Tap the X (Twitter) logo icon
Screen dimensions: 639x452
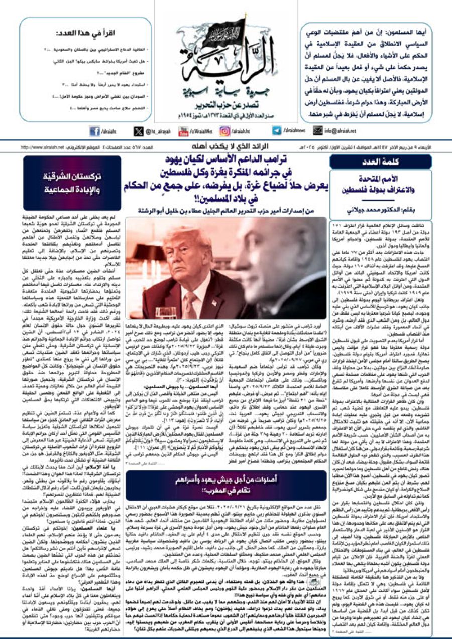click(139, 131)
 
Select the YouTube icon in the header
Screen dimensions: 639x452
click(184, 131)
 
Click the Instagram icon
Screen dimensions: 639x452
click(224, 131)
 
